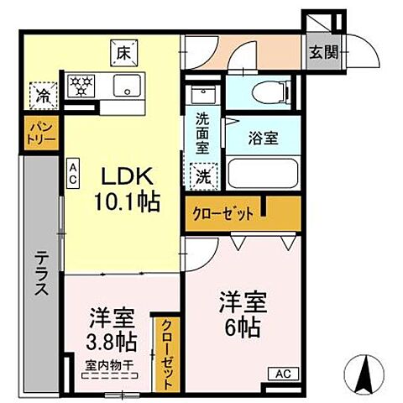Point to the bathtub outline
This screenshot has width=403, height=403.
click(260, 175)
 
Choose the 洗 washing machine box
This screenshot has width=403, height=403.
click(202, 175)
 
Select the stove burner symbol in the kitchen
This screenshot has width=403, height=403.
click(83, 85)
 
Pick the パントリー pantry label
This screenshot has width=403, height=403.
click(40, 133)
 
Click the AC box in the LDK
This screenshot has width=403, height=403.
click(73, 174)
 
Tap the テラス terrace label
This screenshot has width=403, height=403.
click(40, 274)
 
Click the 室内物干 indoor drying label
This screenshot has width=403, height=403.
click(110, 366)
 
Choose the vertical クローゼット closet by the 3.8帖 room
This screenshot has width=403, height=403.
click(164, 353)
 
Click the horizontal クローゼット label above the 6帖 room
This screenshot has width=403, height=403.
click(223, 213)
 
